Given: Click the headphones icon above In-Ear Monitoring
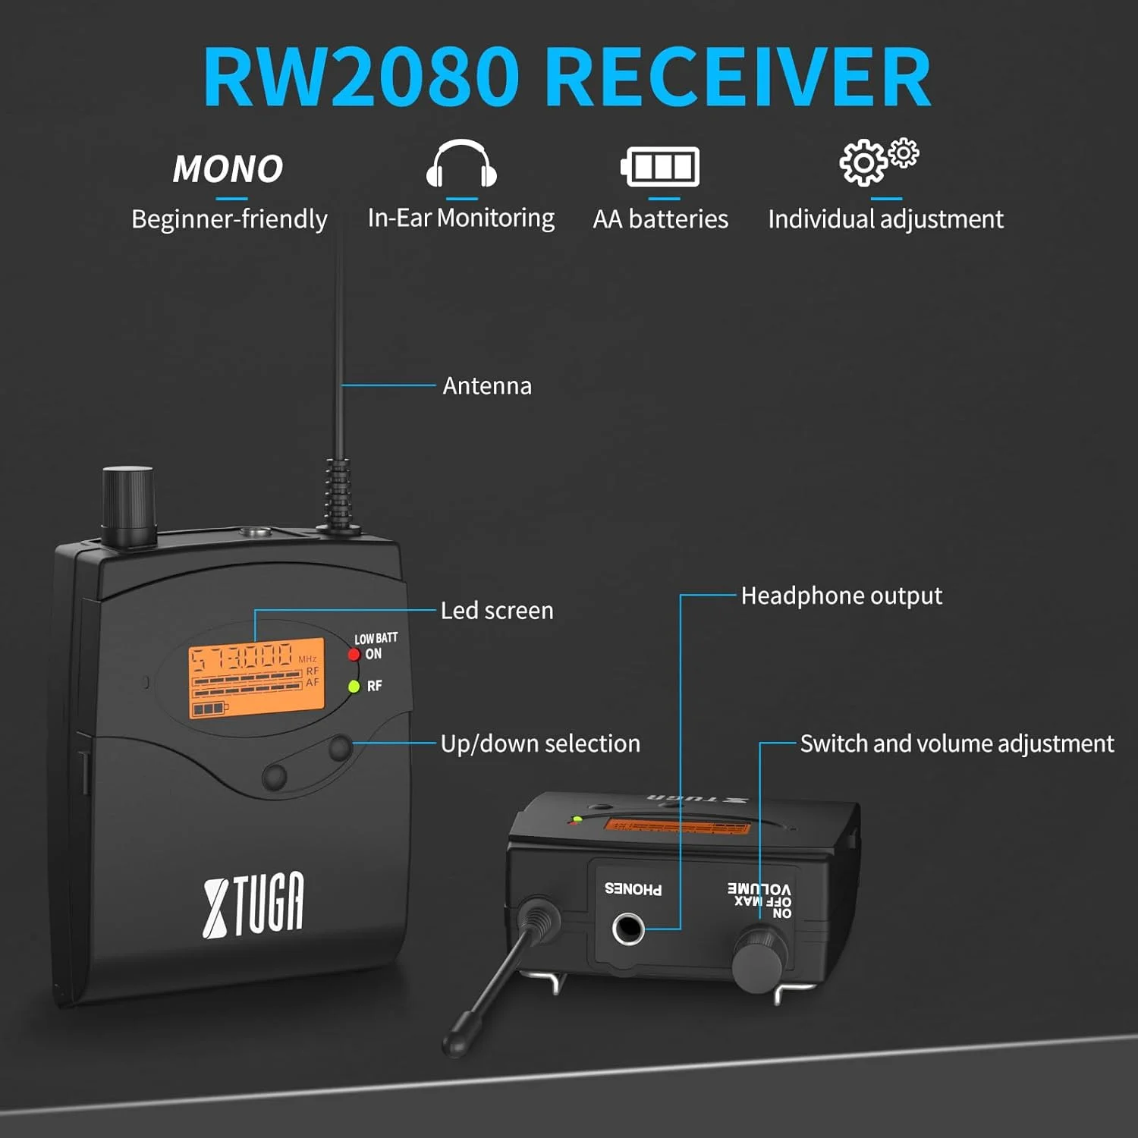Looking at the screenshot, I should (x=461, y=164).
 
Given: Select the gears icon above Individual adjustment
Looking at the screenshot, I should (x=878, y=162).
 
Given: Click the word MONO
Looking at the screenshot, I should (x=228, y=168).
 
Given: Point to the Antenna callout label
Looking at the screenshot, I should (x=487, y=386).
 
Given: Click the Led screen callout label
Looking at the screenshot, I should (x=497, y=611).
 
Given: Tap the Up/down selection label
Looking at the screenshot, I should (x=540, y=743).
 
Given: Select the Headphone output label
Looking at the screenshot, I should (x=841, y=596).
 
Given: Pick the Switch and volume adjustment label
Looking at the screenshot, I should (x=957, y=743).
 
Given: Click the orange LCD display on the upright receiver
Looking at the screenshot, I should (x=256, y=677).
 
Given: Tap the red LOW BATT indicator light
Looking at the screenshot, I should (x=354, y=655).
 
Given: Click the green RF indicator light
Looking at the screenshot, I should (x=354, y=687).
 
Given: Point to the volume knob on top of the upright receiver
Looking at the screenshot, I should (x=128, y=505).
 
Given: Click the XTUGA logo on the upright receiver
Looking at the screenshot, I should (x=253, y=904).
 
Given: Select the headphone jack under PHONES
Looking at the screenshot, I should (x=628, y=929).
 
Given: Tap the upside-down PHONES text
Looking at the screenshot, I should (x=633, y=889).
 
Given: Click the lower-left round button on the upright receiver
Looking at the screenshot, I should (x=274, y=776).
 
